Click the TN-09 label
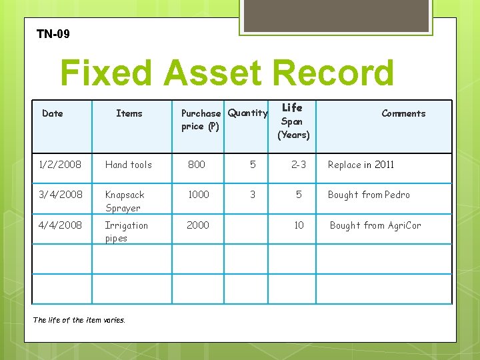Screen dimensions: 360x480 point(53,33)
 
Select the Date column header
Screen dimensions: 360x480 point(53,113)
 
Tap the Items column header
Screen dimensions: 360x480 point(129,113)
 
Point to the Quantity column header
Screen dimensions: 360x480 point(247,113)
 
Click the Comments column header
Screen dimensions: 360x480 point(403,113)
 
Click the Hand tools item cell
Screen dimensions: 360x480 point(129,165)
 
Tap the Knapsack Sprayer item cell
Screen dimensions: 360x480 point(125,201)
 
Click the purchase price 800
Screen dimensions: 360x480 point(197,165)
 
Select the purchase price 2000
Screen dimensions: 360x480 point(198,225)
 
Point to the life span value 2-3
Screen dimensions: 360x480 point(299,165)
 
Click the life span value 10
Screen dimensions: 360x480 point(299,225)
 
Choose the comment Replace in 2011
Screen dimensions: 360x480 point(361,165)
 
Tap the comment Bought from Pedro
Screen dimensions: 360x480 point(369,195)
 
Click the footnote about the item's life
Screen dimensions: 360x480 point(79,320)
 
